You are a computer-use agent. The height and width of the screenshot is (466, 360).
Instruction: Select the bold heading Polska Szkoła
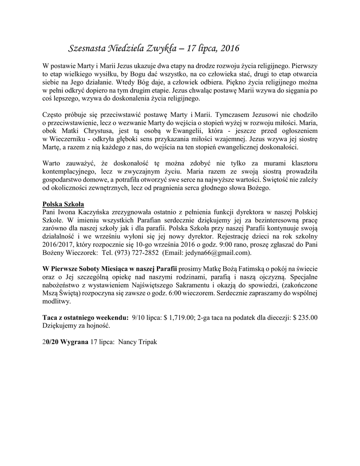pos(63,203)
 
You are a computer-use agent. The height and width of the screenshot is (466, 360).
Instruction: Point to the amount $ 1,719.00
pos(178,318)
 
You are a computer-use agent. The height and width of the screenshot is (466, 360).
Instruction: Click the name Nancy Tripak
pos(137,342)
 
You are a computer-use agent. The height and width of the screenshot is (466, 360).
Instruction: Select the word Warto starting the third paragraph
pos(51,163)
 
